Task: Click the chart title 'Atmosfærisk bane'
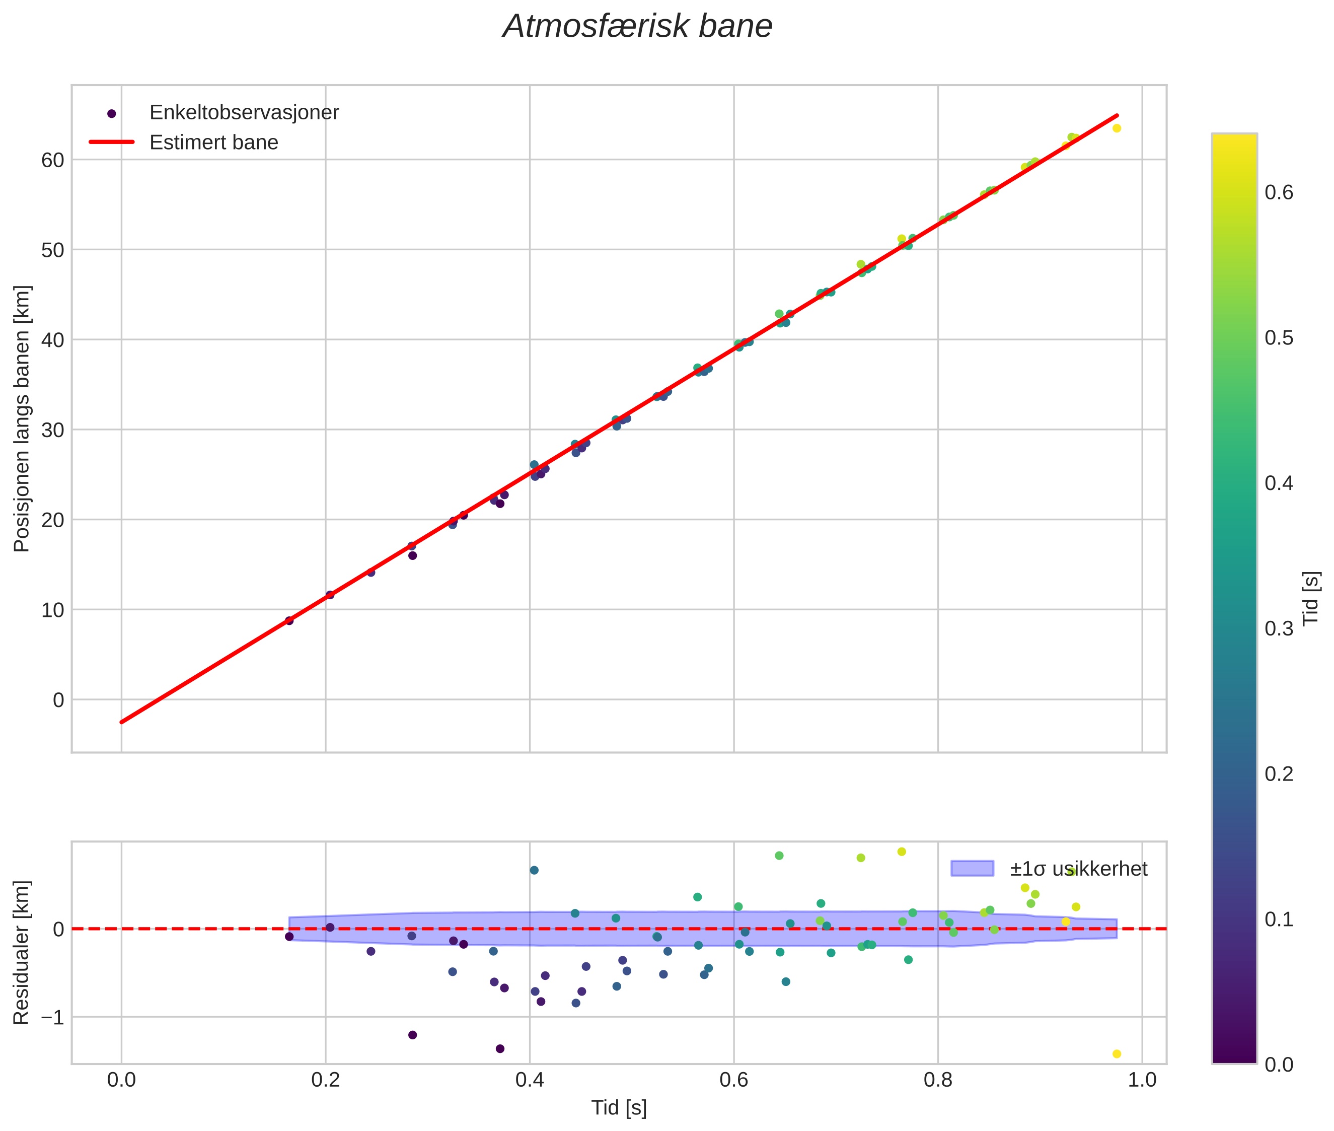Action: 637,27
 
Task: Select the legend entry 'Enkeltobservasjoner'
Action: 244,113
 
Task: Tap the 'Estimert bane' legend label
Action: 213,143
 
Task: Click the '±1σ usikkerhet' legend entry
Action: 1078,869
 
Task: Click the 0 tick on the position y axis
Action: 58,700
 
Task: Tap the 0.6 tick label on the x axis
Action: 733,1080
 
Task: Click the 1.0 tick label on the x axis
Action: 1142,1080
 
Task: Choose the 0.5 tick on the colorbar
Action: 1279,338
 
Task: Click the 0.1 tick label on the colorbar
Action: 1279,920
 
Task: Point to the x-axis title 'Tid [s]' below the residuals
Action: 619,1108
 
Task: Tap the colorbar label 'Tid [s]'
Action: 1311,598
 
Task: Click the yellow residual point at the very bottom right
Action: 1117,1053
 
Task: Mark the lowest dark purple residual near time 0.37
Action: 500,1048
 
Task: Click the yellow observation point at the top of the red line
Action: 1117,128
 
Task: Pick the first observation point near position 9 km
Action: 289,620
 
